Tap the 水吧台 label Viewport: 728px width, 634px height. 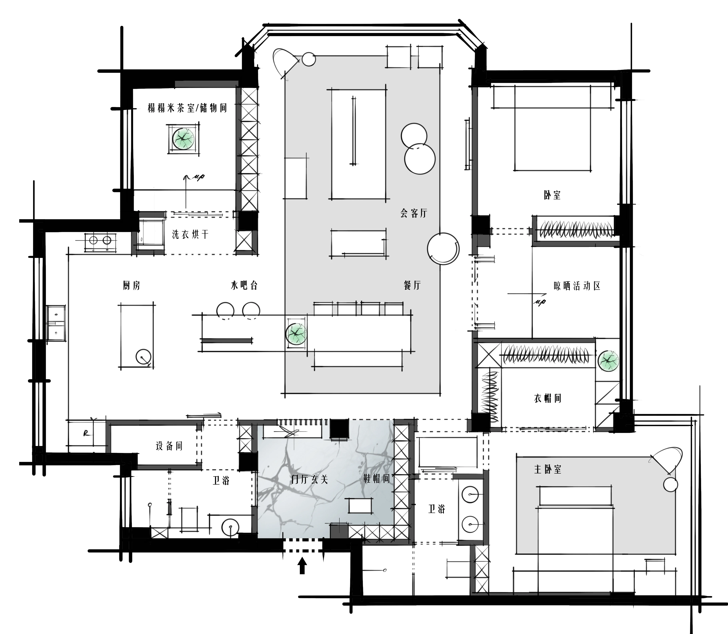(x=244, y=285)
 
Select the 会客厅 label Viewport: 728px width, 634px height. (x=414, y=213)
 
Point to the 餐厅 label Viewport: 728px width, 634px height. (x=412, y=285)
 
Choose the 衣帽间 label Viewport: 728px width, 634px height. (x=548, y=398)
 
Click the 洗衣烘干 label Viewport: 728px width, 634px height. (x=190, y=234)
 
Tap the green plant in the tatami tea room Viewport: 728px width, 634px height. (x=183, y=139)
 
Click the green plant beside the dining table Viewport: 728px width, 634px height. (x=296, y=333)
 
